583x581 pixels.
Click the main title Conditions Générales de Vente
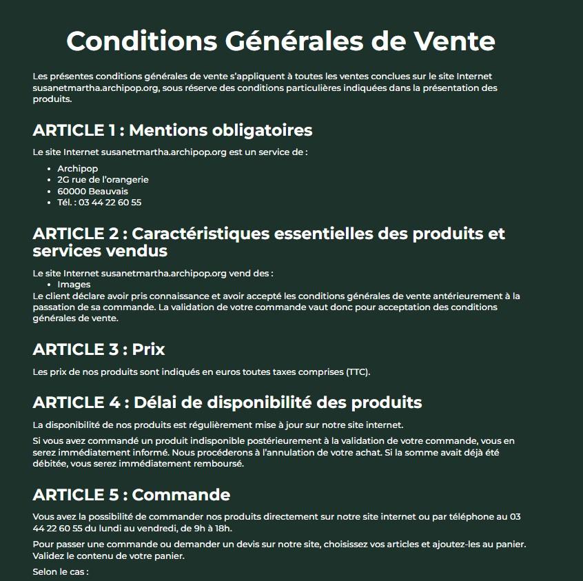280,41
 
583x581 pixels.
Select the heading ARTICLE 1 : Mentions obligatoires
172,130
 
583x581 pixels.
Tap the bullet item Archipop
77,169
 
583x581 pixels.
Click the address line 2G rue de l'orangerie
103,180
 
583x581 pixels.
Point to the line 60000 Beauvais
92,191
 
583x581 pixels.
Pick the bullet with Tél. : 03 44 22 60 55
99,202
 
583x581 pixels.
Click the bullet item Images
74,284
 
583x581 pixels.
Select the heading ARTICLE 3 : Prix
99,349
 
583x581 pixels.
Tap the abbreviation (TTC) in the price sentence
357,372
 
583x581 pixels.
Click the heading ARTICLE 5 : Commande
131,494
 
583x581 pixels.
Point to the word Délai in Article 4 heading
156,401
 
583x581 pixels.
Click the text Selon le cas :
61,571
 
